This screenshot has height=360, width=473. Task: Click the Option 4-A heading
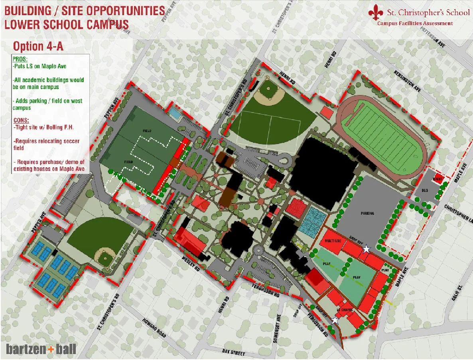(38, 47)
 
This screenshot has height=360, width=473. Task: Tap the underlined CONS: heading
(21, 121)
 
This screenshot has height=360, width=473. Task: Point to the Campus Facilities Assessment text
(415, 24)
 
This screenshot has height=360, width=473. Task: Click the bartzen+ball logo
(41, 349)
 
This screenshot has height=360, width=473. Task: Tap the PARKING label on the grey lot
(367, 213)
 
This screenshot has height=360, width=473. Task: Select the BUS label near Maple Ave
(424, 191)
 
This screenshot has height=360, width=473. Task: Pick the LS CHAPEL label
(343, 310)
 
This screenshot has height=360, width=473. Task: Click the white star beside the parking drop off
(366, 249)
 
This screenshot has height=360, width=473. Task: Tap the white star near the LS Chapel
(335, 320)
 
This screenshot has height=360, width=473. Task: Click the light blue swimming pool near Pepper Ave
(175, 114)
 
